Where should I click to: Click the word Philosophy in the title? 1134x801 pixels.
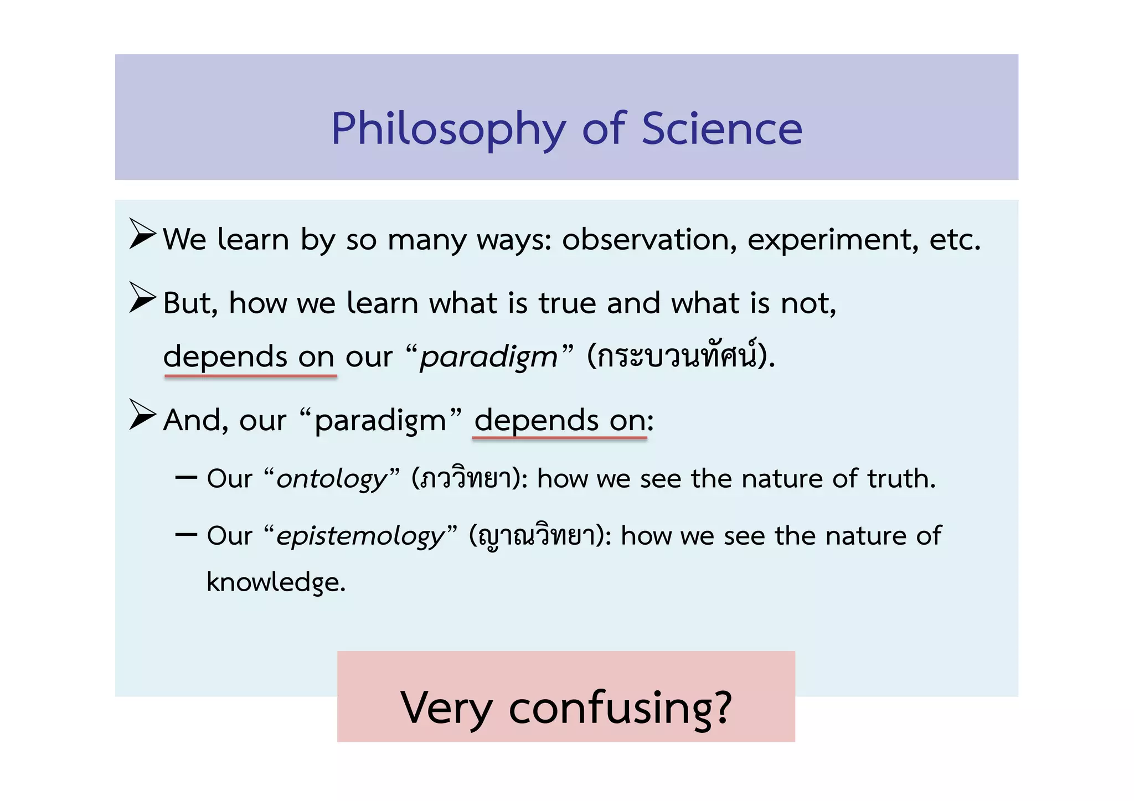(449, 130)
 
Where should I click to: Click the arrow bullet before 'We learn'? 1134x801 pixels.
(142, 234)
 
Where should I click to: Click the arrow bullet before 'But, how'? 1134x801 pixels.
(142, 297)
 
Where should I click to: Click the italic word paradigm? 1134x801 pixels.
(488, 357)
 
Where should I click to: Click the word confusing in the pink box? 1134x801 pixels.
(620, 708)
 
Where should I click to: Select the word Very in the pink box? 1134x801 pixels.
(446, 708)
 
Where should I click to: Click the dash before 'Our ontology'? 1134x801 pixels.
(186, 477)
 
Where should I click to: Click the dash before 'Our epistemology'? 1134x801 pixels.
(186, 535)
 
